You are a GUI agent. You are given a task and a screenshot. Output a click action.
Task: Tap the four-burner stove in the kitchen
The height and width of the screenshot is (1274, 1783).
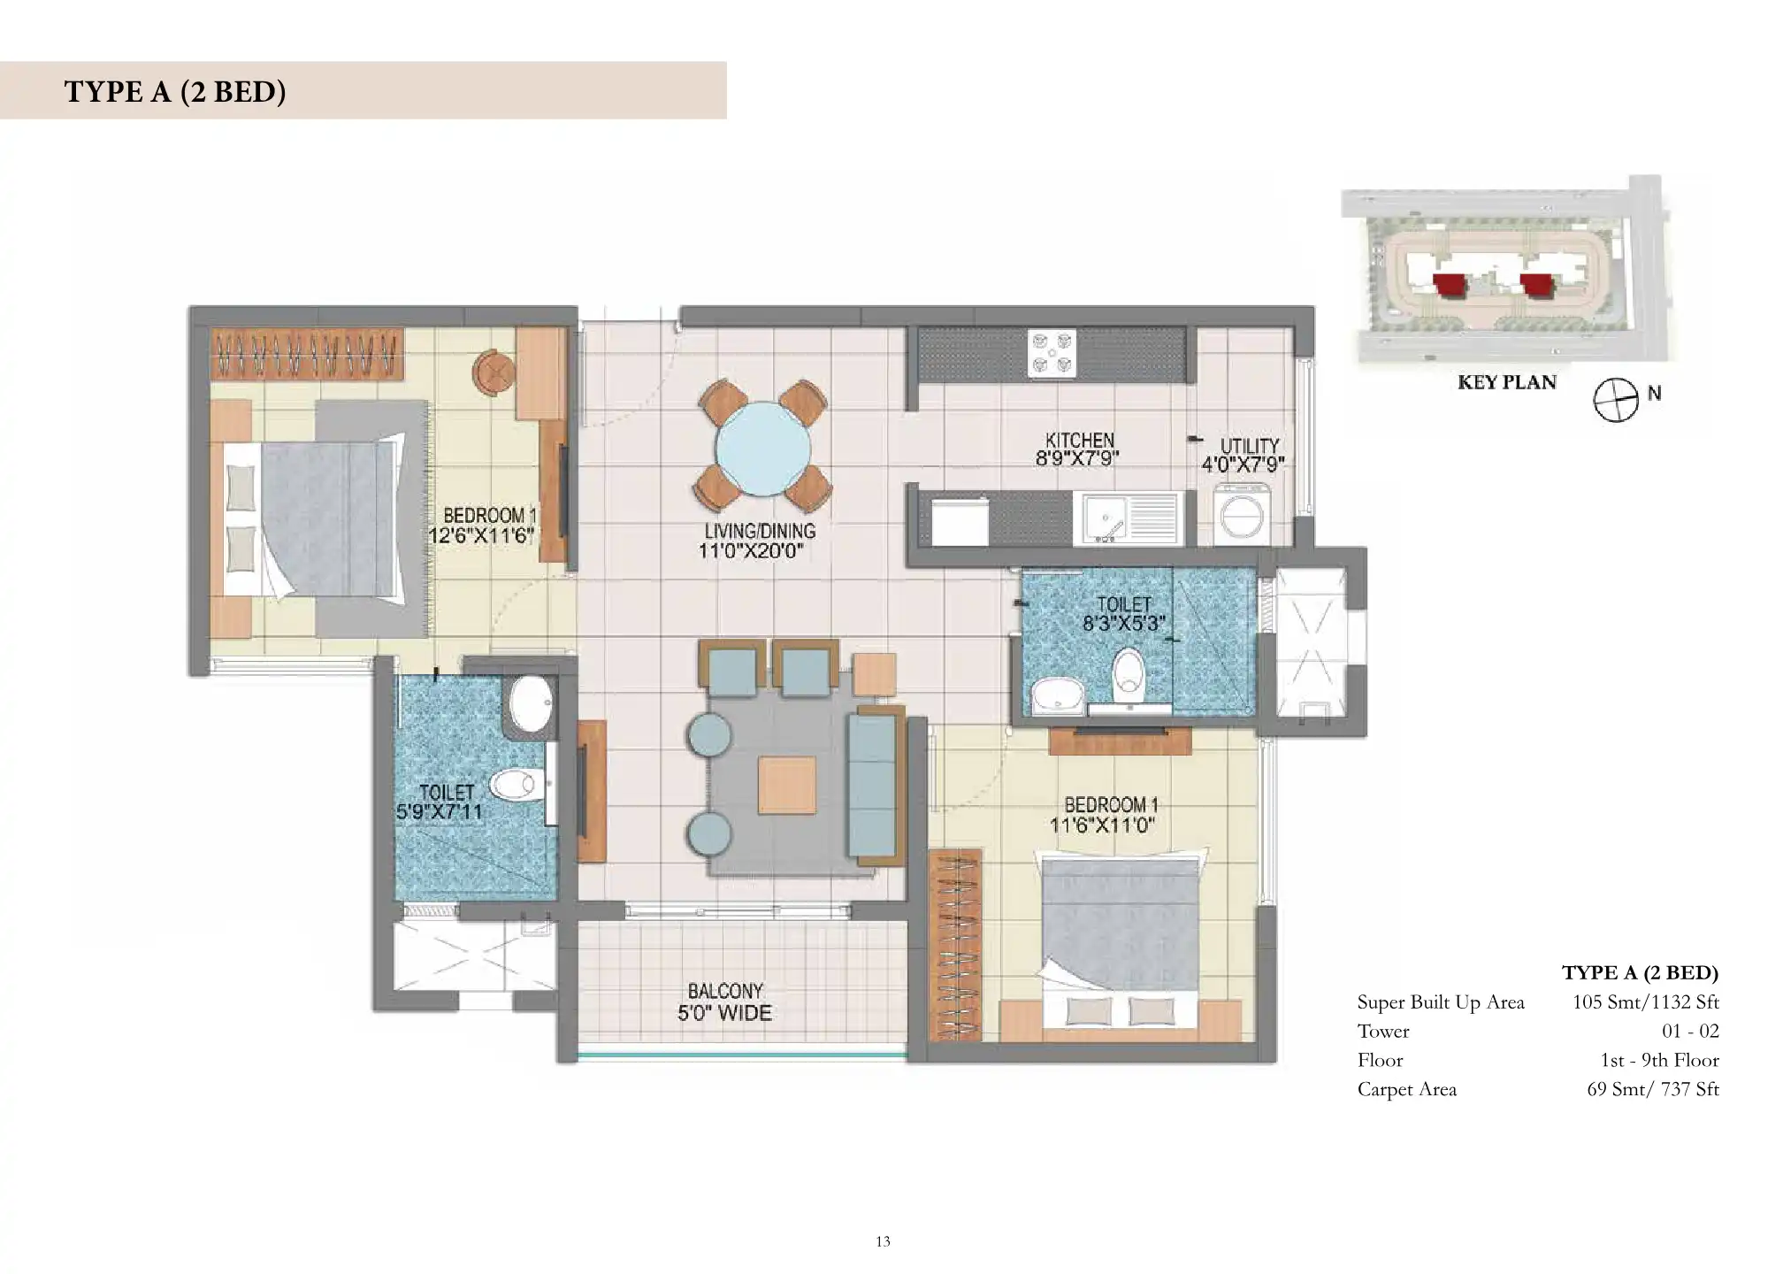click(1052, 354)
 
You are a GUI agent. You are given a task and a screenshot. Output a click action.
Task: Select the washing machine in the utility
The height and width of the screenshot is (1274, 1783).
click(1244, 513)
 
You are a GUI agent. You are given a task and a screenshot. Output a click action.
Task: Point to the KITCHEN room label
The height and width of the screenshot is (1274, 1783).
click(1080, 440)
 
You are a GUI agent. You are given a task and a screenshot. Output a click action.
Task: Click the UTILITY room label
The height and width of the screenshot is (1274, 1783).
click(1250, 446)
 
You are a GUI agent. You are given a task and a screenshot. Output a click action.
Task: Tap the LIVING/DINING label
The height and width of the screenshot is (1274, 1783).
click(760, 531)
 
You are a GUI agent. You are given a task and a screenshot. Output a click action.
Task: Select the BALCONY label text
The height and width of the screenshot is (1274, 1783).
click(725, 991)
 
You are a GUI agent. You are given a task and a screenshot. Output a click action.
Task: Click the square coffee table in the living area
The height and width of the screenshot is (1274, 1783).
click(786, 785)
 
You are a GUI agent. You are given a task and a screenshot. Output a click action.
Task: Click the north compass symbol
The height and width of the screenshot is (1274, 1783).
click(1616, 401)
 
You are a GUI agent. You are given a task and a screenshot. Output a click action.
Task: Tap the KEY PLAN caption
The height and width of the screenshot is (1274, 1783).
click(1506, 382)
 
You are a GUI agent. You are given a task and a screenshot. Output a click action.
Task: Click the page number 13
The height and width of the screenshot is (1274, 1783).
click(883, 1241)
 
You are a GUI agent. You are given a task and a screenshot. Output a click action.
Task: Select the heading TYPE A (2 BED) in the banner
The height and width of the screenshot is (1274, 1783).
click(175, 91)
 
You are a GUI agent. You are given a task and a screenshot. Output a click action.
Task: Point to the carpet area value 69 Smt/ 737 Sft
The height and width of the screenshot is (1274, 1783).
click(1652, 1089)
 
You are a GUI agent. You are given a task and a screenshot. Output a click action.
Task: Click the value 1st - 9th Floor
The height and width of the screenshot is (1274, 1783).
click(1659, 1060)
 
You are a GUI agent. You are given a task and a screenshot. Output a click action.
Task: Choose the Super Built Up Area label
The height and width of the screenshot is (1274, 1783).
click(1441, 1002)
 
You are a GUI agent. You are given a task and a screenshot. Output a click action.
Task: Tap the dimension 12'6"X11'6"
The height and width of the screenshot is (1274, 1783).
click(482, 535)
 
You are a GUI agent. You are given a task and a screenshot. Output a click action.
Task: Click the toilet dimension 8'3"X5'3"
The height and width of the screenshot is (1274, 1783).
click(1121, 623)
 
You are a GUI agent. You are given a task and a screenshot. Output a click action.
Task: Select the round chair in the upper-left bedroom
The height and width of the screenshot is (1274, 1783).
click(493, 372)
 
